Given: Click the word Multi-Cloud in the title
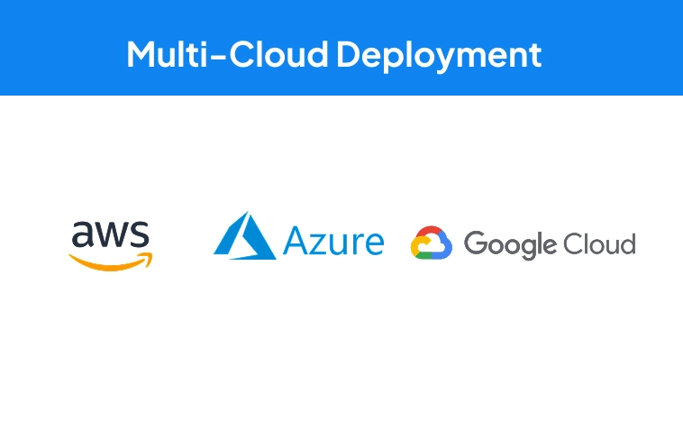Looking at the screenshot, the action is pyautogui.click(x=227, y=54).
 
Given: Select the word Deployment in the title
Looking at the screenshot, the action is pyautogui.click(x=439, y=57).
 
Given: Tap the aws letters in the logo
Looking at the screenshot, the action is pyautogui.click(x=111, y=234).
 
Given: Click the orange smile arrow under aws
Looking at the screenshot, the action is pyautogui.click(x=111, y=261).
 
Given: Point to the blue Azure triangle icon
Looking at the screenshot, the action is pyautogui.click(x=245, y=236).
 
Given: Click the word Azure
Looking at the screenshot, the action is pyautogui.click(x=333, y=240).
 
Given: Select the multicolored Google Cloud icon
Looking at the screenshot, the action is pyautogui.click(x=432, y=243).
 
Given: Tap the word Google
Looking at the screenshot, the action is pyautogui.click(x=510, y=245).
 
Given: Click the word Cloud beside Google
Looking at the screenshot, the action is pyautogui.click(x=599, y=243).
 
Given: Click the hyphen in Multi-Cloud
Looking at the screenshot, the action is pyautogui.click(x=218, y=58).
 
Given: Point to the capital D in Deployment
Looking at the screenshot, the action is pyautogui.click(x=350, y=54).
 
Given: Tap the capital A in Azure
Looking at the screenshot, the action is pyautogui.click(x=296, y=241).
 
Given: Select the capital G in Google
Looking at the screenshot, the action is pyautogui.click(x=477, y=243).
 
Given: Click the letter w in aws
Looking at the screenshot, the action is pyautogui.click(x=112, y=234).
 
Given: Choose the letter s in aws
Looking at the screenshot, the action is pyautogui.click(x=140, y=234).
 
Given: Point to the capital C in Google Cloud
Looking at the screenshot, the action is pyautogui.click(x=574, y=243).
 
